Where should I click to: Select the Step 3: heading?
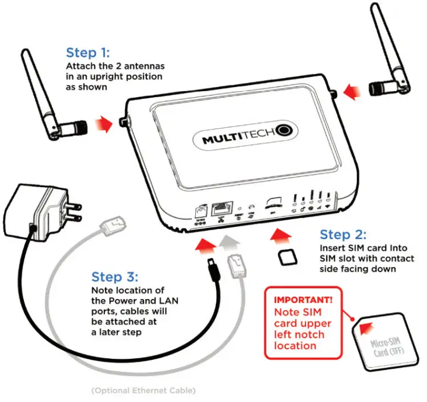point(115,276)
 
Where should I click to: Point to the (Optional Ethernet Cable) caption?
point(143,391)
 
